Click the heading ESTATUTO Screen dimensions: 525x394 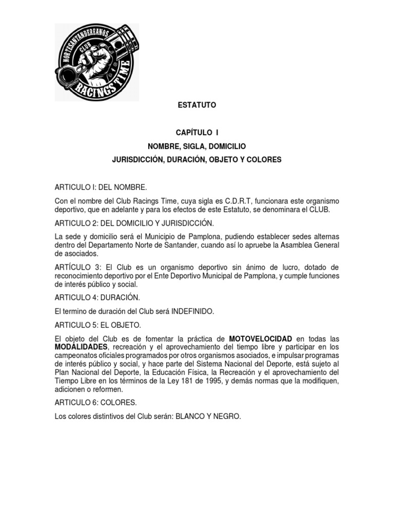pyautogui.click(x=197, y=105)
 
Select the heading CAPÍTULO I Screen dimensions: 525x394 pyautogui.click(x=197, y=132)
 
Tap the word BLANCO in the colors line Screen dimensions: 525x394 pyautogui.click(x=193, y=417)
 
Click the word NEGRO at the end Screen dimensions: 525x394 pyautogui.click(x=228, y=417)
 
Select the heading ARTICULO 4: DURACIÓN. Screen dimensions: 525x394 pyautogui.click(x=97, y=297)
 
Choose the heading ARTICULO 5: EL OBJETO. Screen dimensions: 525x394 pyautogui.click(x=97, y=325)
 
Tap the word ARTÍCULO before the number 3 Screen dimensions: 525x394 pyautogui.click(x=74, y=268)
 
